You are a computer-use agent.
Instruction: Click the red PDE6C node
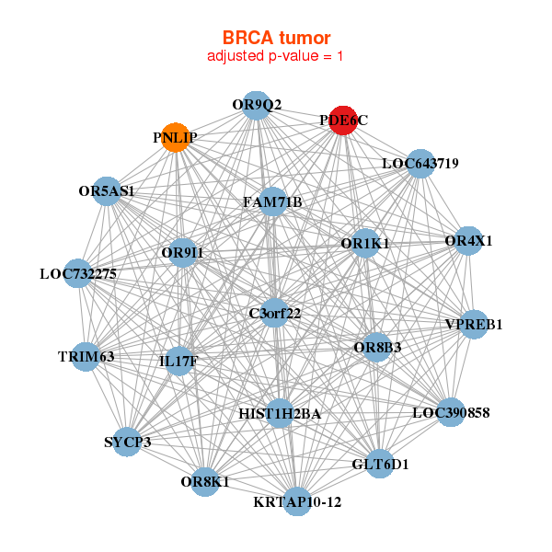343,121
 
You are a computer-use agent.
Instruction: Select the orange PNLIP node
175,137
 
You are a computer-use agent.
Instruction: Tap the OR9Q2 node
258,105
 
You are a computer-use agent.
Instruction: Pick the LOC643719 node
420,164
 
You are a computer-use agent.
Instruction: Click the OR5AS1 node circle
107,191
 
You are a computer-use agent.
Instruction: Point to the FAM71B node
273,201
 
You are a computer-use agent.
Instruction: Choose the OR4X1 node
468,241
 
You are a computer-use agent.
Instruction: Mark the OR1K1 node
365,244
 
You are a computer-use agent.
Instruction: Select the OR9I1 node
182,252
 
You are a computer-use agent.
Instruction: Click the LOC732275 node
78,273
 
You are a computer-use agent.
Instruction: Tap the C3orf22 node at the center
275,313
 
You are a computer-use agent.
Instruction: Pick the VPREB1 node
473,324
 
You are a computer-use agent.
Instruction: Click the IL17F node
178,362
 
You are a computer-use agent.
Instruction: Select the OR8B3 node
377,347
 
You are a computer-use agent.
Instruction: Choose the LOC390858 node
450,412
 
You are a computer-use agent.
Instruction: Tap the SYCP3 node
127,442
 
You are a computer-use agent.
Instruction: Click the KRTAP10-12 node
297,501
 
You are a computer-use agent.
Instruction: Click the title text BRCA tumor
276,38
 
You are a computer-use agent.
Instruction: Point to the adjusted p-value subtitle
276,56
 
